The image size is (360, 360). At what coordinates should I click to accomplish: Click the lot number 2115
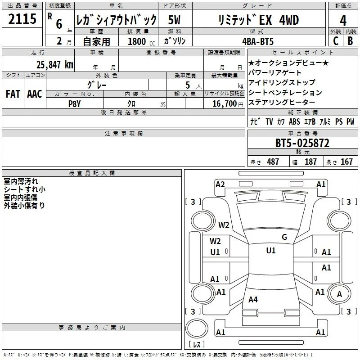pyautogui.click(x=22, y=19)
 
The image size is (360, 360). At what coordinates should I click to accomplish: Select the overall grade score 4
pyautogui.click(x=343, y=21)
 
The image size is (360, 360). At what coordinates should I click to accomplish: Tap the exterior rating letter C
pyautogui.click(x=336, y=41)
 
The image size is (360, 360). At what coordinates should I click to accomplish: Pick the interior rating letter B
pyautogui.click(x=350, y=41)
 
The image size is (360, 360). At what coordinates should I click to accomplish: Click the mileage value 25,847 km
pyautogui.click(x=55, y=65)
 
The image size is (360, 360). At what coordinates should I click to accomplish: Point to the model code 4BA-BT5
pyautogui.click(x=258, y=41)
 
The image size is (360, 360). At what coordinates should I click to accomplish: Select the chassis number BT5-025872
pyautogui.click(x=302, y=143)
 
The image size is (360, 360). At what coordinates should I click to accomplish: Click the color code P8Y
pyautogui.click(x=75, y=104)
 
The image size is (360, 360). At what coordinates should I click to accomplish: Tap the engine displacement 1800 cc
pyautogui.click(x=141, y=41)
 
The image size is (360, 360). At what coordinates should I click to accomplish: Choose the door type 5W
pyautogui.click(x=174, y=20)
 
